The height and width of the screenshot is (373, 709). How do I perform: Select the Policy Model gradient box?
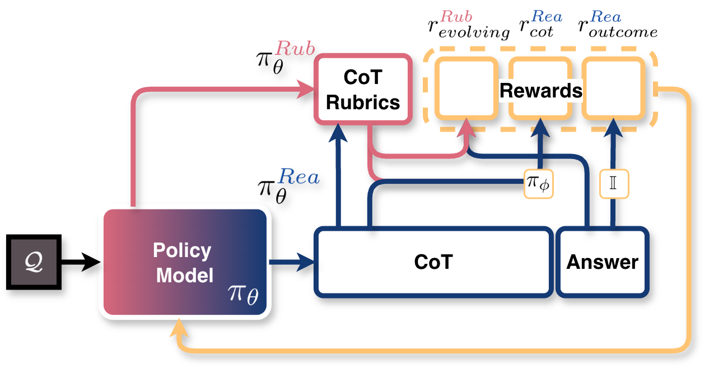click(x=184, y=262)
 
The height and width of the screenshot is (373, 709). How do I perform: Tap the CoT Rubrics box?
click(x=363, y=90)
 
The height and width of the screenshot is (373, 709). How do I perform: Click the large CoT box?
click(x=433, y=262)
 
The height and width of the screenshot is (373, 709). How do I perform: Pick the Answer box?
click(x=603, y=262)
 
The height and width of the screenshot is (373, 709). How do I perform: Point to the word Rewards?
click(x=540, y=91)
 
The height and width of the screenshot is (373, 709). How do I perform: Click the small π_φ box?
click(x=538, y=183)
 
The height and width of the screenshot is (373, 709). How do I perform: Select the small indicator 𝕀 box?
click(x=613, y=183)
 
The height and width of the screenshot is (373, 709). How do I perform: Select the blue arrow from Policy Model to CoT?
click(x=291, y=262)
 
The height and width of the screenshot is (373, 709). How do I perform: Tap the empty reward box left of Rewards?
click(x=466, y=88)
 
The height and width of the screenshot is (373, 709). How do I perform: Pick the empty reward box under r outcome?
click(x=612, y=88)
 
